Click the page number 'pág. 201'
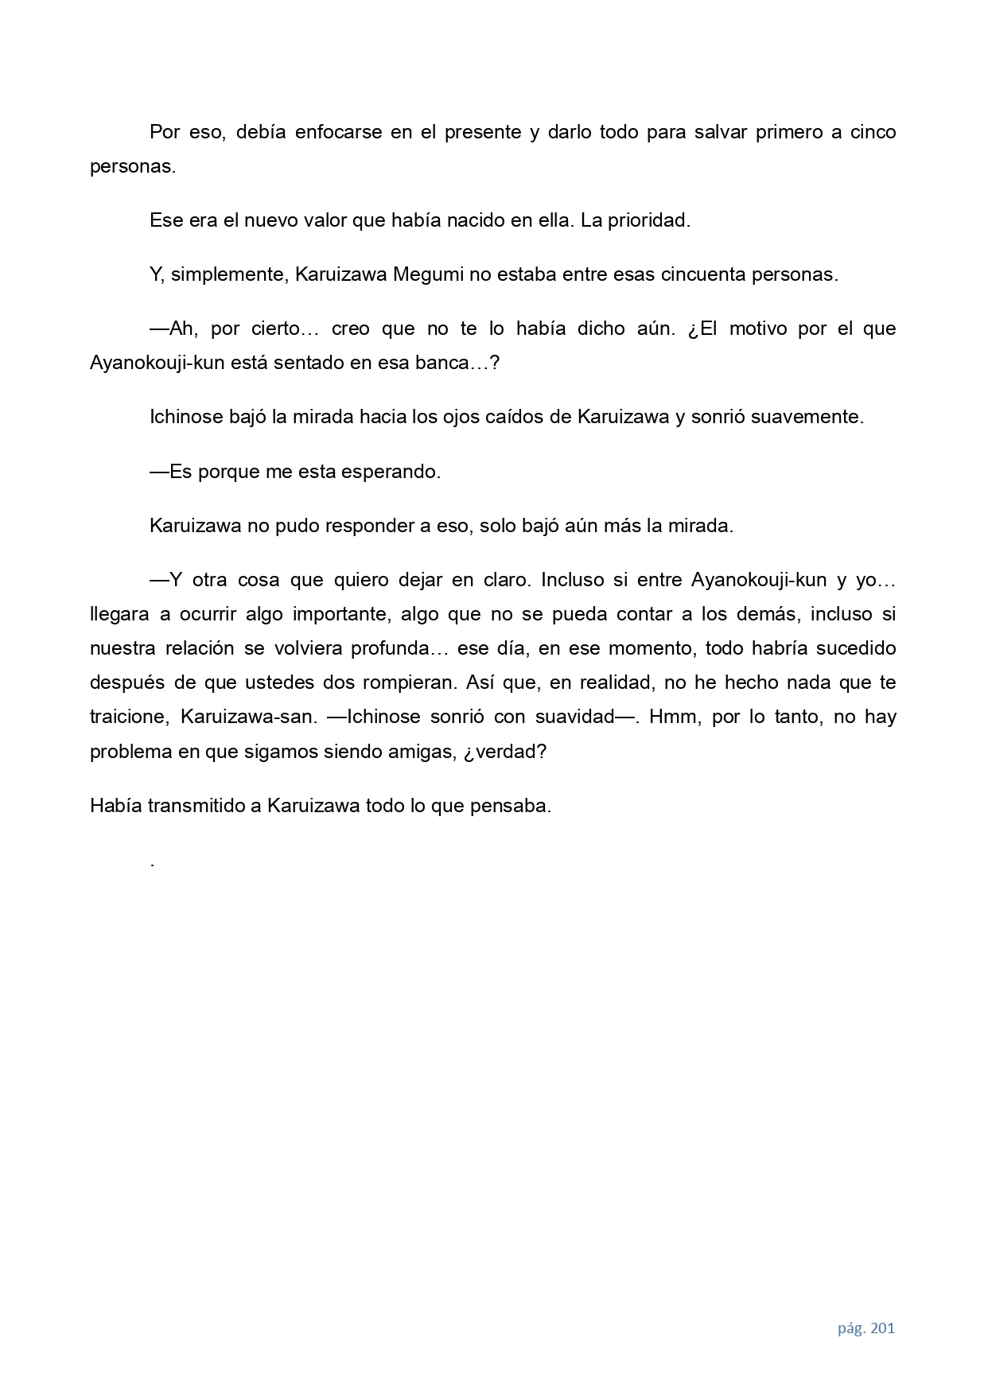[x=865, y=1328]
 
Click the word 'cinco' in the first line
[x=873, y=132]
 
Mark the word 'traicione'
[x=129, y=717]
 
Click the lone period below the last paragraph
[x=152, y=863]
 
